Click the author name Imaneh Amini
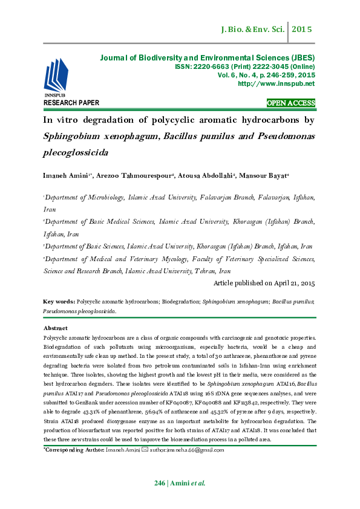[66, 176]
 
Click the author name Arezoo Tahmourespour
[137, 176]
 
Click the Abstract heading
[56, 328]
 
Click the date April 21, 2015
[291, 283]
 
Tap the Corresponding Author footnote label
[73, 450]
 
